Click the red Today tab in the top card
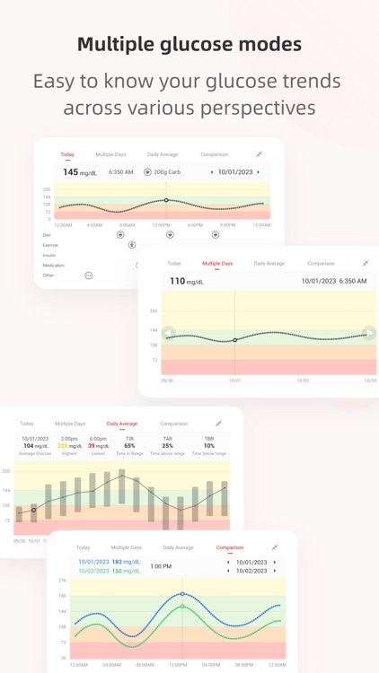67,154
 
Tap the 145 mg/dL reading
79,172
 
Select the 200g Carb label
163,172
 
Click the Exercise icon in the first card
131,245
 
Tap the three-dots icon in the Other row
88,275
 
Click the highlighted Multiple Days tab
217,264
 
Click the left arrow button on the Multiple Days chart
168,333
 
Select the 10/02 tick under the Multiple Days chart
303,380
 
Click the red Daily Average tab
122,424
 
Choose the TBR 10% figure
209,445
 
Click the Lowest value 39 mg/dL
99,446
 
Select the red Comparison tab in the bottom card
230,547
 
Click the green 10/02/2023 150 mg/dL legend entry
109,571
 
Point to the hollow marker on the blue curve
182,594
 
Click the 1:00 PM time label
161,566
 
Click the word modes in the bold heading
268,44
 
